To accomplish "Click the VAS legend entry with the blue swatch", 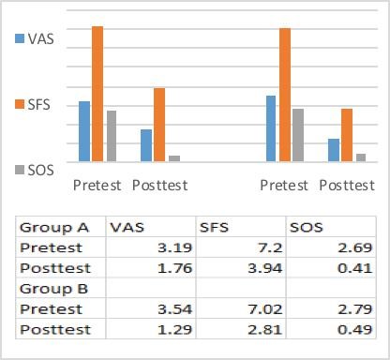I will (33, 38).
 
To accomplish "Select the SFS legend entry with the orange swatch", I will (33, 105).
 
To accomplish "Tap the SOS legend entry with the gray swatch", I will (33, 170).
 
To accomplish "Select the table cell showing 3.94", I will (262, 268).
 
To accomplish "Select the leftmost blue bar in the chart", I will (84, 131).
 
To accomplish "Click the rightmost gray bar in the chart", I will (361, 157).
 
